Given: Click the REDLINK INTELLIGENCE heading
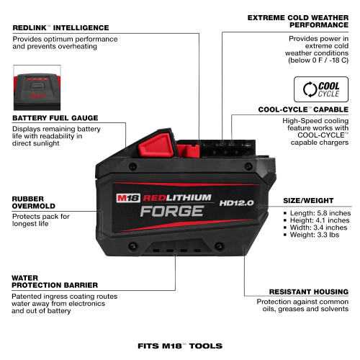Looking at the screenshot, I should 60,27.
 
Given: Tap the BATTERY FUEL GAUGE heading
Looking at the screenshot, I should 54,117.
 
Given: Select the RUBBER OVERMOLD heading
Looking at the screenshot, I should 32,202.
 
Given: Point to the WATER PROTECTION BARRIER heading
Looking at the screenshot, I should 43,281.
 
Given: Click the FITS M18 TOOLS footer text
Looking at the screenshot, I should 180,346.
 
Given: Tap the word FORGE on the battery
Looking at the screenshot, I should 170,212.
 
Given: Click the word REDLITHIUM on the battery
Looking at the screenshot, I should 177,197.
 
